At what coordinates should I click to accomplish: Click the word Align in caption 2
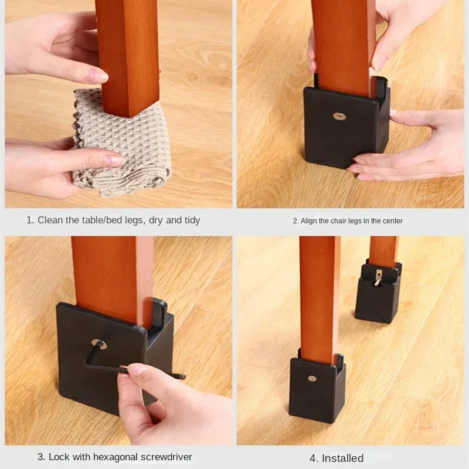coord(309,221)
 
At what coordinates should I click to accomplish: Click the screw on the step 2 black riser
coord(339,116)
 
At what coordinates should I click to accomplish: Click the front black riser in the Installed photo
coord(317,384)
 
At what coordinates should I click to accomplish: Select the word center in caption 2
coord(391,221)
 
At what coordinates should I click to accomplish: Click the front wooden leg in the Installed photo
coord(319,293)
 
